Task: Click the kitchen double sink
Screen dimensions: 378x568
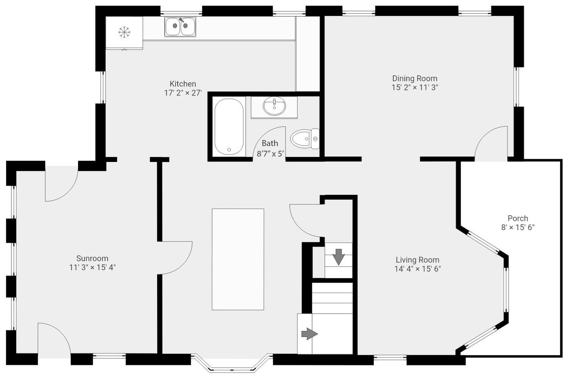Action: [180, 26]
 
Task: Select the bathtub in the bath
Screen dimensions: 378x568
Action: [229, 127]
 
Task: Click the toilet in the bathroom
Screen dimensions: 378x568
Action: [305, 138]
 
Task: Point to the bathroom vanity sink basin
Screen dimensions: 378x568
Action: [275, 106]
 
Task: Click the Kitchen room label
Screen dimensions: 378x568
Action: [183, 84]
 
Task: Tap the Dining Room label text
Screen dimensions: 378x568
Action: [415, 78]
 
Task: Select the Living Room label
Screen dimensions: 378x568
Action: [417, 260]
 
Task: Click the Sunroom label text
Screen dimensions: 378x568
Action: [92, 258]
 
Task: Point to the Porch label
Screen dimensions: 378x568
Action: [518, 218]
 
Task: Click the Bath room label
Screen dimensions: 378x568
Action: [270, 143]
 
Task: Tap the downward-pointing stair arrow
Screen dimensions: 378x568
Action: [338, 257]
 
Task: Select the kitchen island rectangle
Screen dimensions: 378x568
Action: [238, 259]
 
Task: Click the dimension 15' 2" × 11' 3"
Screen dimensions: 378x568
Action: [415, 87]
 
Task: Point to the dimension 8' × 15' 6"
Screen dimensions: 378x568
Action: [518, 227]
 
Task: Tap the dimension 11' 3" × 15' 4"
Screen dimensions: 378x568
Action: [92, 268]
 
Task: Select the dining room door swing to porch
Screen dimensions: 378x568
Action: [489, 142]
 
